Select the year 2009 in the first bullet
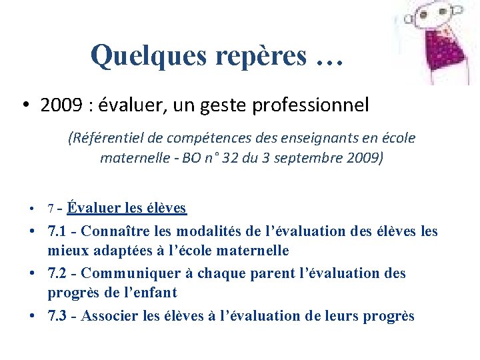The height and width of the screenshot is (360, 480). pos(58,105)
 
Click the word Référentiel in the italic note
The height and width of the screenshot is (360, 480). pos(105,139)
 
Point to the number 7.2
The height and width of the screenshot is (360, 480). pos(58,273)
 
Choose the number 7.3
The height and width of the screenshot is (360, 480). pos(58,316)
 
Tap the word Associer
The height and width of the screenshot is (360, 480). pos(111,316)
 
